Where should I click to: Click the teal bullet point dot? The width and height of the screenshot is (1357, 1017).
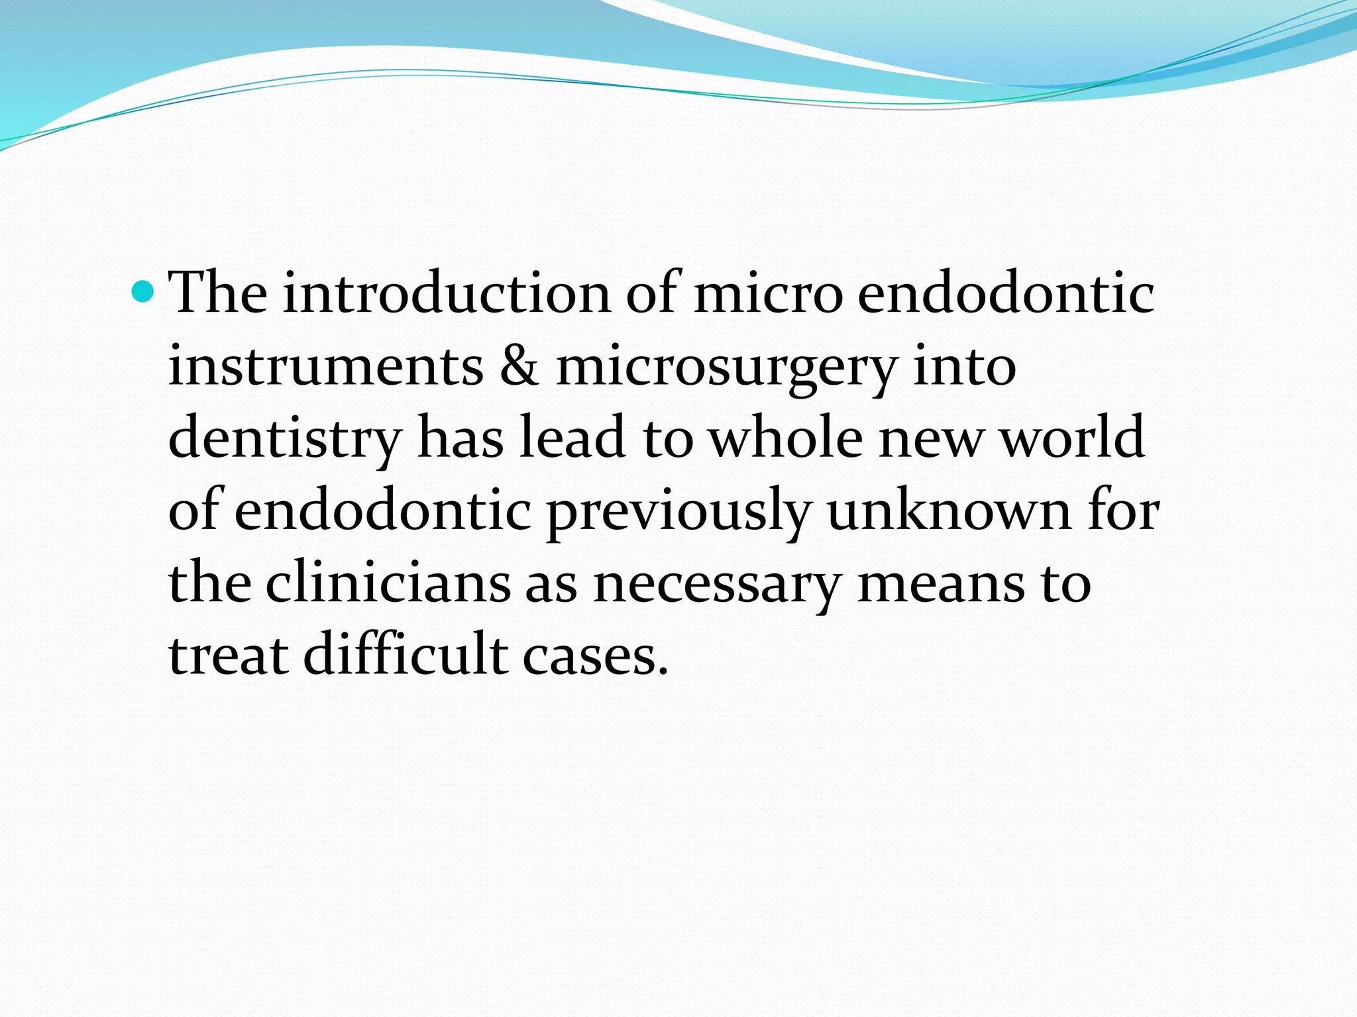pyautogui.click(x=142, y=290)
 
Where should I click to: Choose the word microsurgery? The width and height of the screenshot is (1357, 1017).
pyautogui.click(x=726, y=368)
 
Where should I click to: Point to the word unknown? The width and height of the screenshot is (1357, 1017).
pyautogui.click(x=949, y=510)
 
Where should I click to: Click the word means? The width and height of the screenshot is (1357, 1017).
pyautogui.click(x=941, y=584)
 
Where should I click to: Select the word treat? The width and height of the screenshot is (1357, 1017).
pyautogui.click(x=229, y=655)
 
